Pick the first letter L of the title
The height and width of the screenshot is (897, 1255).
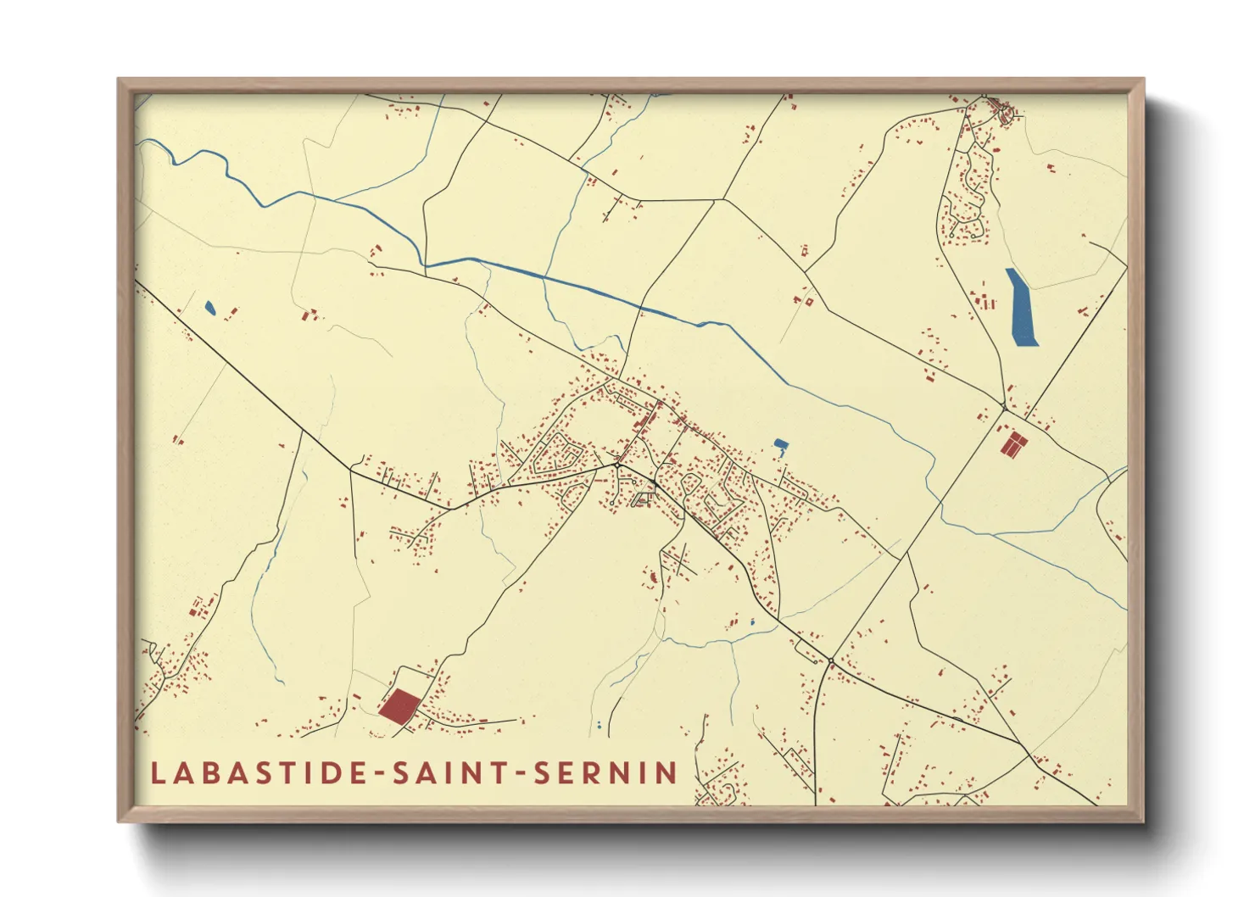(x=158, y=773)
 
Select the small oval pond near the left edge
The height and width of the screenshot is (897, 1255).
(x=209, y=308)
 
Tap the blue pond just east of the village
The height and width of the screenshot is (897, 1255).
(x=780, y=445)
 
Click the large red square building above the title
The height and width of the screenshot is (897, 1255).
(x=399, y=705)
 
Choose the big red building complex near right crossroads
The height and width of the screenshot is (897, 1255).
(x=1012, y=444)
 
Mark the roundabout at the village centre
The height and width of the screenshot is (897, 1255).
(x=617, y=465)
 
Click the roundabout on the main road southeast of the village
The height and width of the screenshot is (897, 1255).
(x=832, y=660)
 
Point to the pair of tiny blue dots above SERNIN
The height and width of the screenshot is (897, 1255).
(x=600, y=726)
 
